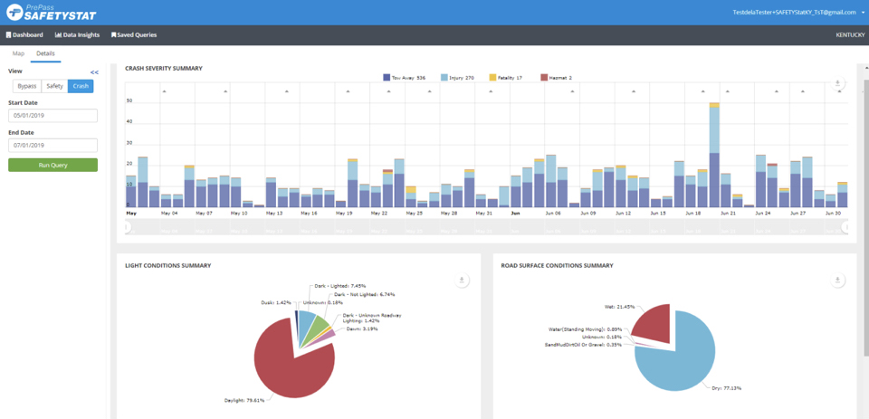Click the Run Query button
[53, 165]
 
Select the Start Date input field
[53, 116]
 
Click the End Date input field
[53, 145]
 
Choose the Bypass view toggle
[27, 86]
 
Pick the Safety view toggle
[54, 86]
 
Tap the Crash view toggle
[81, 86]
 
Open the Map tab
[18, 53]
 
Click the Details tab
[45, 53]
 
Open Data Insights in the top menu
[77, 34]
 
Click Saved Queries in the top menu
[134, 34]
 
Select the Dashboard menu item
[24, 34]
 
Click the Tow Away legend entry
[405, 78]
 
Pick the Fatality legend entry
[506, 78]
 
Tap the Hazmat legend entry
[556, 78]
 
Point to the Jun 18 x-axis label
[693, 214]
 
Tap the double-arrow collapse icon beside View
[94, 71]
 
